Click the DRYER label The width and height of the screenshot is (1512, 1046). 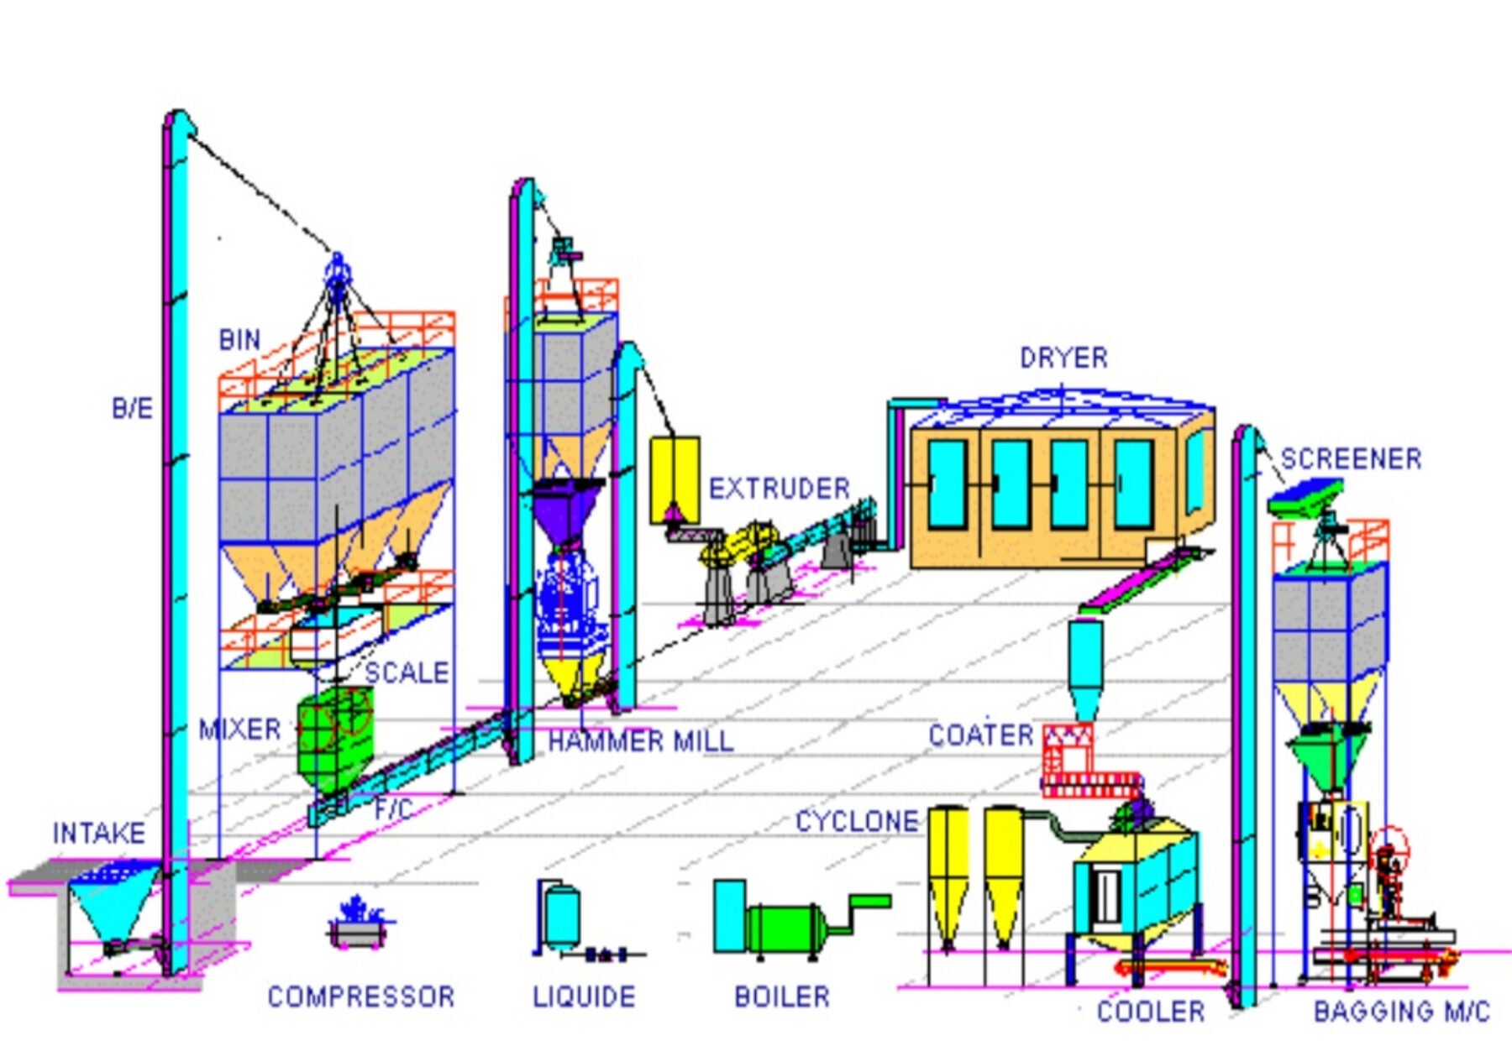click(x=1063, y=358)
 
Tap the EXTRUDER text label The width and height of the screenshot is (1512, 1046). click(x=779, y=489)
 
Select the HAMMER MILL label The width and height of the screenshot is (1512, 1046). click(x=640, y=741)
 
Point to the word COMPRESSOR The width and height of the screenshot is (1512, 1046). click(x=360, y=996)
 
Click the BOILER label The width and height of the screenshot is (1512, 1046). click(x=782, y=996)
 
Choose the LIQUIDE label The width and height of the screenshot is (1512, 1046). click(x=584, y=996)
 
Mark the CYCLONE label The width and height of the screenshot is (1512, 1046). click(x=857, y=821)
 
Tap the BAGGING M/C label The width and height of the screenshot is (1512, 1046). click(x=1401, y=1012)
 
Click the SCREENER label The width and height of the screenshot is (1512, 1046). click(x=1351, y=459)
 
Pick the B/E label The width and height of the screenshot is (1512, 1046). click(x=132, y=409)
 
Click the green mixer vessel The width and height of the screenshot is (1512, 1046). click(x=334, y=739)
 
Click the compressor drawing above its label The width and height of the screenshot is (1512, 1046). click(x=359, y=923)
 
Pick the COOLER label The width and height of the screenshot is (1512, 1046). click(x=1151, y=1012)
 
